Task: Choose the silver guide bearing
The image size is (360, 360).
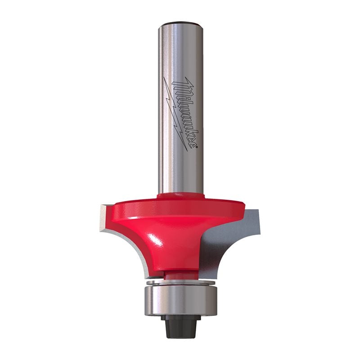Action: [x=180, y=299]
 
